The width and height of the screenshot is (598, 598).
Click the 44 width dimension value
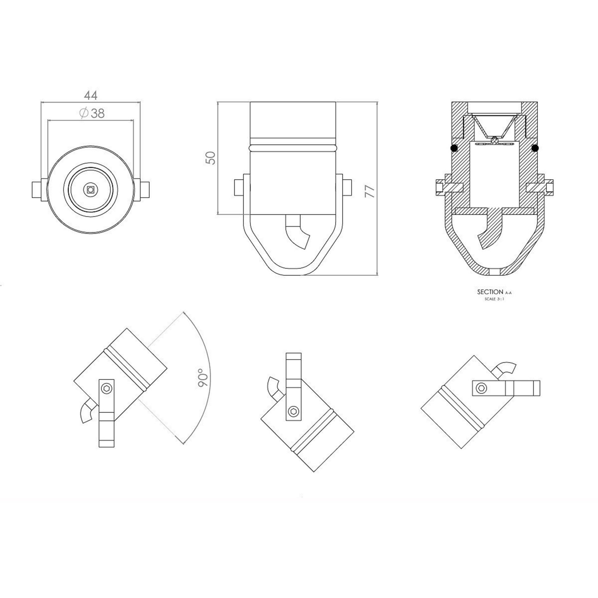click(91, 95)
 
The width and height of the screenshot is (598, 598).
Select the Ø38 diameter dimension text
click(92, 113)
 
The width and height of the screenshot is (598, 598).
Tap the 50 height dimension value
click(211, 158)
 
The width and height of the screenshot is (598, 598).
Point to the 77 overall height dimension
click(370, 191)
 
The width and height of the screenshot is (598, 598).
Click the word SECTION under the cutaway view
click(490, 292)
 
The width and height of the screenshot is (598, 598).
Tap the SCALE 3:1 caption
click(494, 299)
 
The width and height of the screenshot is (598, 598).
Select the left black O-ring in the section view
click(454, 149)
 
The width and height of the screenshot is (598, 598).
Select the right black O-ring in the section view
click(535, 149)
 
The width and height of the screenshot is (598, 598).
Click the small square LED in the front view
click(91, 189)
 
